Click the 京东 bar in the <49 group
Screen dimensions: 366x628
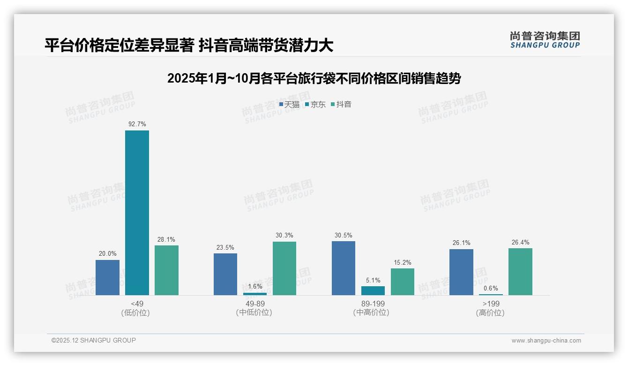(137, 213)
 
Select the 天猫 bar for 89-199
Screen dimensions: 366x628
(344, 268)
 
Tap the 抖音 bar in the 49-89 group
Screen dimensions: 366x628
(284, 268)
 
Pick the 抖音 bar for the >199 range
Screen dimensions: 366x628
(520, 271)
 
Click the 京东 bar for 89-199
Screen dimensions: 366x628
(373, 290)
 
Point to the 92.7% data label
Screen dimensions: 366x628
(137, 124)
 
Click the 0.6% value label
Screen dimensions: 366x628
(491, 289)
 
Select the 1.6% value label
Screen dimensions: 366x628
(255, 287)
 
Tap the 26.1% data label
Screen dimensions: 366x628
(462, 243)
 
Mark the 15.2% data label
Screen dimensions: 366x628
(403, 262)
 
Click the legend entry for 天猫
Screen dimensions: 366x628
(289, 105)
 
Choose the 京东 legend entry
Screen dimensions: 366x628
(315, 105)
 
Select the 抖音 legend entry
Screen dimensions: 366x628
(341, 105)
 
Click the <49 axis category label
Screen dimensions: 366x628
(137, 304)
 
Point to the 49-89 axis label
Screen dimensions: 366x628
(255, 304)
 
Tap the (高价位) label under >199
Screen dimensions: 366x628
(491, 313)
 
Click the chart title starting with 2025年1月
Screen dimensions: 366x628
(314, 78)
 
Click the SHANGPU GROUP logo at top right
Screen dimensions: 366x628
(545, 40)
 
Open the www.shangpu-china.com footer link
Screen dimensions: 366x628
(546, 341)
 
